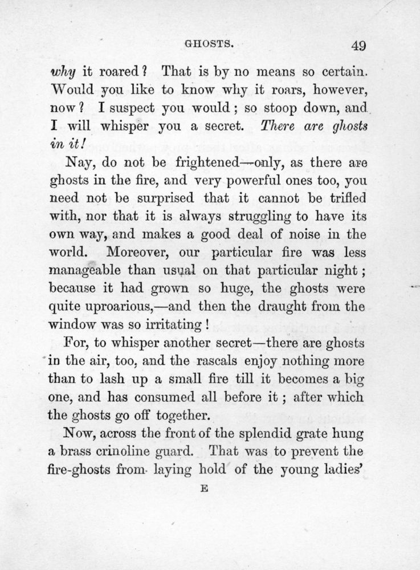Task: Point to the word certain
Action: (339, 72)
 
